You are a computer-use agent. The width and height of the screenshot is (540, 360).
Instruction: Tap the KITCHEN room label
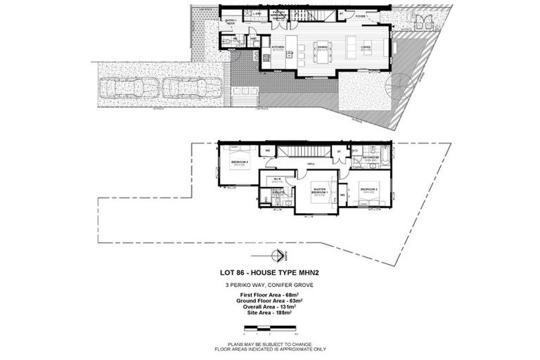278,49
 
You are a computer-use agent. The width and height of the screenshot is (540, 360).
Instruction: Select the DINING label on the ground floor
323,48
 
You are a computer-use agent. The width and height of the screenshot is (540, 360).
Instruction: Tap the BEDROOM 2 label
370,189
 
